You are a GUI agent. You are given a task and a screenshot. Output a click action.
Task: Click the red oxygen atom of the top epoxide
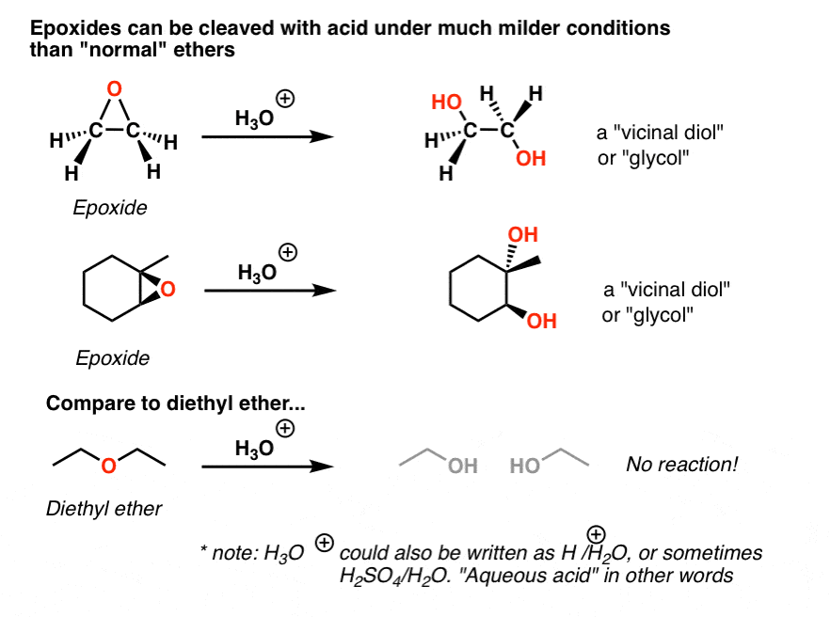pyautogui.click(x=114, y=90)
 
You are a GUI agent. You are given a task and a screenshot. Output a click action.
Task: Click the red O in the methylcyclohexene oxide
pyautogui.click(x=168, y=291)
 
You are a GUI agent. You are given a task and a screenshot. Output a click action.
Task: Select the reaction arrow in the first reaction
pyautogui.click(x=268, y=137)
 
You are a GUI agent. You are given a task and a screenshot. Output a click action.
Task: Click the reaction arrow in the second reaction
pyautogui.click(x=270, y=291)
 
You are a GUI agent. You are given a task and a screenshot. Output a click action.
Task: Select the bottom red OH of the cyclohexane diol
pyautogui.click(x=541, y=322)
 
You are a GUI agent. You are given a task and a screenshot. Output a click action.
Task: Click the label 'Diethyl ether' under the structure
pyautogui.click(x=104, y=509)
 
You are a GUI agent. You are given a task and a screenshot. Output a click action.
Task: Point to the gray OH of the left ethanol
pyautogui.click(x=462, y=465)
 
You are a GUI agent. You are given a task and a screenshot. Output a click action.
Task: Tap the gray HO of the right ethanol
pyautogui.click(x=524, y=465)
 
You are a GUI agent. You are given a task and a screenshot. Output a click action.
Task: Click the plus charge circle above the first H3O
pyautogui.click(x=281, y=98)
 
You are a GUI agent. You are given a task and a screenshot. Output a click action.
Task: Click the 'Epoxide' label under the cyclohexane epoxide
pyautogui.click(x=111, y=358)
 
